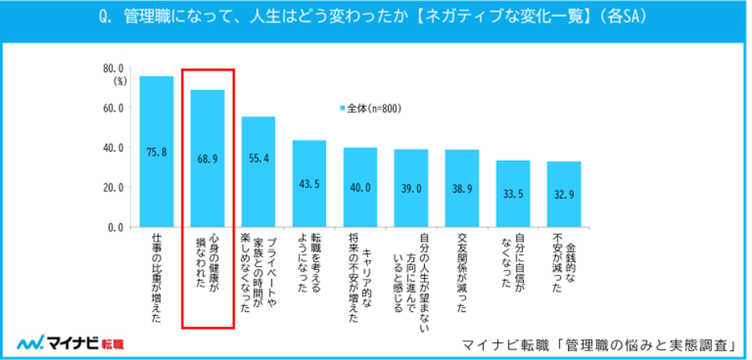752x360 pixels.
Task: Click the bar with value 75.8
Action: click(x=157, y=152)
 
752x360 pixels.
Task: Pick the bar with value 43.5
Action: click(x=309, y=184)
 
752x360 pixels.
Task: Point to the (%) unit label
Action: click(x=120, y=80)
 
